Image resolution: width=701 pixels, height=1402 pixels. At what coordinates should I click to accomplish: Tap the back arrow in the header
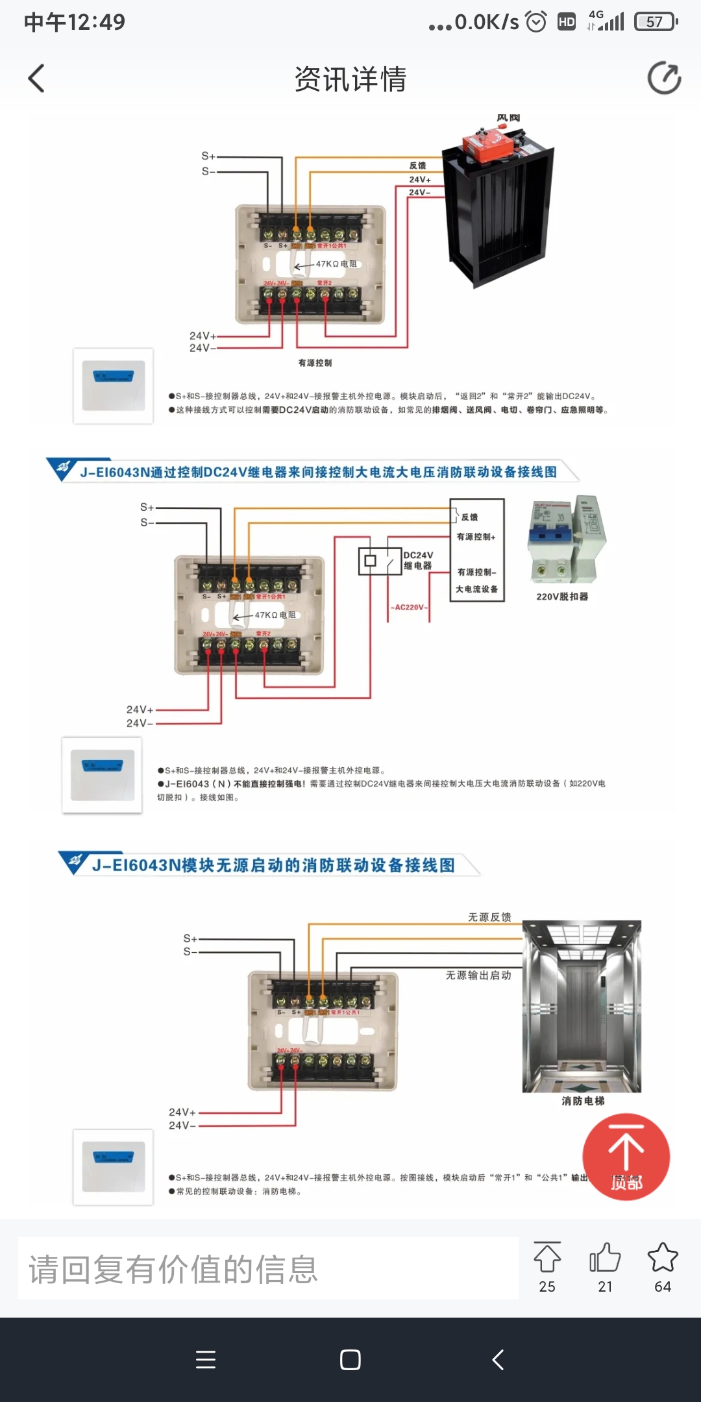(x=36, y=79)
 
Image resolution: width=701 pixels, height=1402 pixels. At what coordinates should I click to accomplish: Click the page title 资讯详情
(x=350, y=79)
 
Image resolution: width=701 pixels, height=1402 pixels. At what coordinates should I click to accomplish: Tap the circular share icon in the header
(x=664, y=79)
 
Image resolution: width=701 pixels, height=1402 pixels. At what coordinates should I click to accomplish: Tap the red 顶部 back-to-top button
(x=626, y=1157)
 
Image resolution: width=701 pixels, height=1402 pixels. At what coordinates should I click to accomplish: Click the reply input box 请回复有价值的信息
(x=267, y=1268)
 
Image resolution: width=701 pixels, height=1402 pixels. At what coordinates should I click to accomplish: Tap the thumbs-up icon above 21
(x=605, y=1258)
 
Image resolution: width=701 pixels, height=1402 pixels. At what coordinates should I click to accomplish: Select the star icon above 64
(x=663, y=1258)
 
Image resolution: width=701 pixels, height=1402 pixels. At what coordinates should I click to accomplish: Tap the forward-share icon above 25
(x=547, y=1258)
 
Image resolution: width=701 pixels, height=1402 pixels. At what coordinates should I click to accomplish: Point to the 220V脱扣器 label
(x=562, y=596)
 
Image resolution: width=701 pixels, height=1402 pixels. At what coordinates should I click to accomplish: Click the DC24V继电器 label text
(x=418, y=560)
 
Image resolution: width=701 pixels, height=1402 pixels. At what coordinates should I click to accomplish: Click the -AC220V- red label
(x=410, y=608)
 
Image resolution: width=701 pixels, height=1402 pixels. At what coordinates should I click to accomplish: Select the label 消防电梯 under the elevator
(x=583, y=1101)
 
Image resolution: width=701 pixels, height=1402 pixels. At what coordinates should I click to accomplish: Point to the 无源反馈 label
(x=489, y=917)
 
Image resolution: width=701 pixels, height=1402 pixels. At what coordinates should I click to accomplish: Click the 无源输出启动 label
(x=478, y=976)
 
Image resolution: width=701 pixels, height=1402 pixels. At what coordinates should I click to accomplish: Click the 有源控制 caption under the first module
(x=315, y=363)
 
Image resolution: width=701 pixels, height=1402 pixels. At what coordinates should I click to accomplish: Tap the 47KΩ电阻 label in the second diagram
(x=275, y=615)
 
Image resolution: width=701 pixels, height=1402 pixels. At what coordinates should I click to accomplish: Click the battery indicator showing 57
(x=656, y=22)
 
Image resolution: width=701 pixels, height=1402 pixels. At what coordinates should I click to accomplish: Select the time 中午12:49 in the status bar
(x=75, y=22)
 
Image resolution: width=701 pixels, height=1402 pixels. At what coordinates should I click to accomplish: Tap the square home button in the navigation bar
(x=350, y=1359)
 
